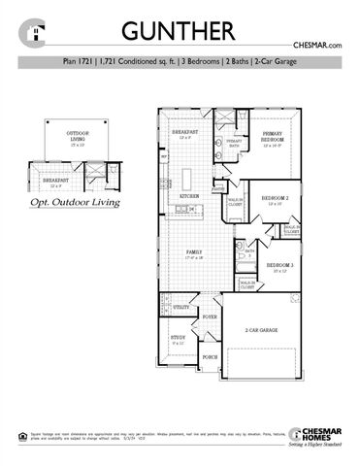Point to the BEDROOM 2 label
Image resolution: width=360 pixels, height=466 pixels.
point(274,198)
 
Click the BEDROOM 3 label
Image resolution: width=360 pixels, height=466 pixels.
point(279,264)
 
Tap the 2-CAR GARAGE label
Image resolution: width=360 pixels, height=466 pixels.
point(261,331)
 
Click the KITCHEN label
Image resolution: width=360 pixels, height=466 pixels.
point(189,196)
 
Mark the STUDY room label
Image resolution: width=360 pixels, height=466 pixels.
point(177,339)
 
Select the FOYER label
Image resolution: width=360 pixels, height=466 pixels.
point(209,316)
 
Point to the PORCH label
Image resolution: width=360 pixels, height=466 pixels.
point(210,356)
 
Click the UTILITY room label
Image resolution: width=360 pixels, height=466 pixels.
point(181,307)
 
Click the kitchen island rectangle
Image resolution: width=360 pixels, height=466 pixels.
point(189,178)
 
